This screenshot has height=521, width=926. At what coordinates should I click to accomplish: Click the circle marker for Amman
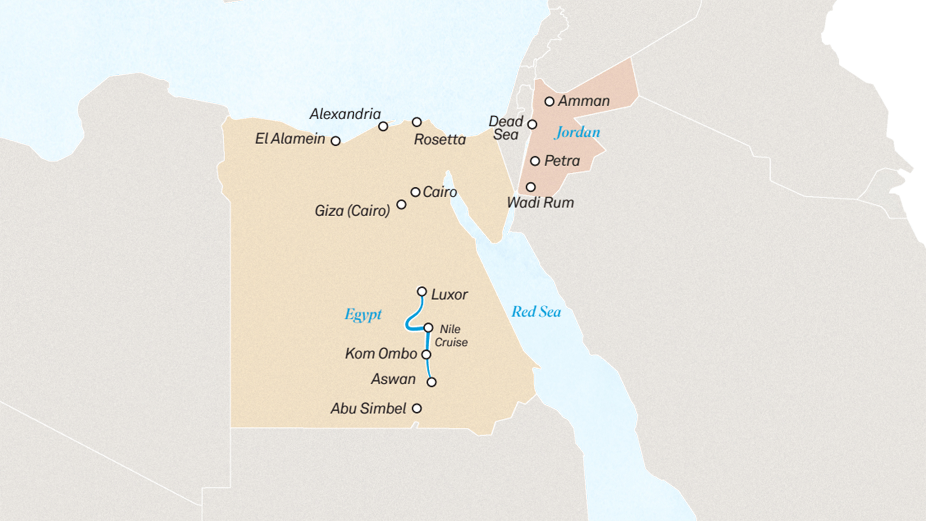pos(549,101)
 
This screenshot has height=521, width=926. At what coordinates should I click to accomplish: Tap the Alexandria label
pos(345,114)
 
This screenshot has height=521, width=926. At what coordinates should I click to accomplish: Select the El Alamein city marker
pos(336,141)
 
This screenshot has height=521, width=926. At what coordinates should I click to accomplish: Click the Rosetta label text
pos(439,139)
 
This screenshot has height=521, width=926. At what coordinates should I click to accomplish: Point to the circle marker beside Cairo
pos(415,192)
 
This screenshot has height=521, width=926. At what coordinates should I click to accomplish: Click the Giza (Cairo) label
pos(352,211)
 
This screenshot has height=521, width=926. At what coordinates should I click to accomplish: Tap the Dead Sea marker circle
pos(532,124)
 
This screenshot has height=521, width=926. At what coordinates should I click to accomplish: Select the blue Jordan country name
pos(577,132)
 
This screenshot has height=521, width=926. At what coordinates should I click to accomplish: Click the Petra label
pos(562,161)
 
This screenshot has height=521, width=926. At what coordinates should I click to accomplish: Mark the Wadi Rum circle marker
pos(531,187)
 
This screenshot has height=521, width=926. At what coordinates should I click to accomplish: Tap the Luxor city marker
pos(422,291)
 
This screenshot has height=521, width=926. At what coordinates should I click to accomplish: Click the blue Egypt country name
pos(363,315)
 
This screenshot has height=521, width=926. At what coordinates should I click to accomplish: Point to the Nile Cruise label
pos(450,336)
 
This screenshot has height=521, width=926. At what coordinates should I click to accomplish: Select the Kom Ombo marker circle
pos(426,354)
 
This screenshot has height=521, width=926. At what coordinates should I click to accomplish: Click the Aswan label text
pos(393,379)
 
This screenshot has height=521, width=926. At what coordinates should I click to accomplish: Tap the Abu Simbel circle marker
pos(417,408)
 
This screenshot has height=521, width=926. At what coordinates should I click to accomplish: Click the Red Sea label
pos(536,312)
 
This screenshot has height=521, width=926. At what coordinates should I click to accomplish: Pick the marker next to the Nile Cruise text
pos(428,328)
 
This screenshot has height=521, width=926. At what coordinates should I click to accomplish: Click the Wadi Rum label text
pos(540,203)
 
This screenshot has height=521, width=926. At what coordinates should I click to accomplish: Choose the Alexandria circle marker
pos(383,126)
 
